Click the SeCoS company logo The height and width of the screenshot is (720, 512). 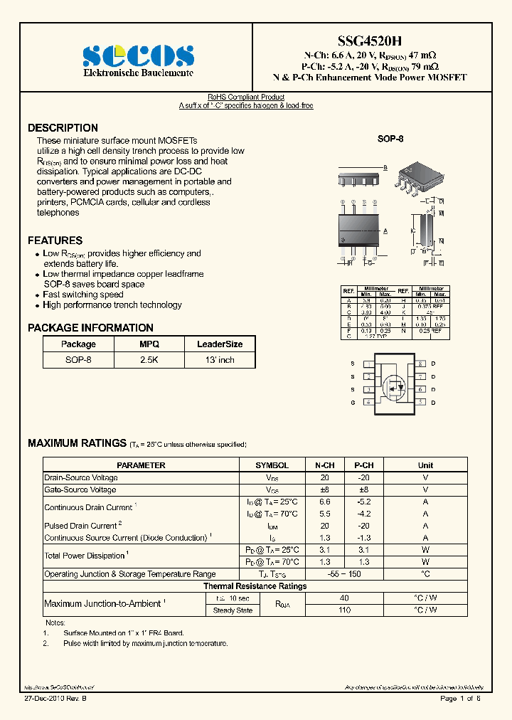pyautogui.click(x=138, y=55)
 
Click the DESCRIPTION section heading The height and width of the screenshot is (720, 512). pyautogui.click(x=63, y=128)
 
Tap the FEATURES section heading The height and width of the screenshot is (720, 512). pyautogui.click(x=55, y=240)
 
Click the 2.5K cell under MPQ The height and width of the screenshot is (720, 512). pyautogui.click(x=149, y=360)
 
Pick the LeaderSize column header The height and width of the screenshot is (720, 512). pyautogui.click(x=220, y=344)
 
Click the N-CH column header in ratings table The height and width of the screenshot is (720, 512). pyautogui.click(x=324, y=465)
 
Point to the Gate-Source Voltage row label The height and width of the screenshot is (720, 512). pyautogui.click(x=80, y=490)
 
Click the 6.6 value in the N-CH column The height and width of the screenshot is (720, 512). pyautogui.click(x=324, y=502)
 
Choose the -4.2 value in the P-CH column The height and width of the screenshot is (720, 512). pyautogui.click(x=363, y=514)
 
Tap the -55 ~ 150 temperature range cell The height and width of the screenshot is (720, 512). pyautogui.click(x=344, y=574)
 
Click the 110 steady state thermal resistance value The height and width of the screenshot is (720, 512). pyautogui.click(x=344, y=610)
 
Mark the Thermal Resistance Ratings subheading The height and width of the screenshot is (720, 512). pyautogui.click(x=255, y=586)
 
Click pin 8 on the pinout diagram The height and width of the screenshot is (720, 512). pyautogui.click(x=420, y=364)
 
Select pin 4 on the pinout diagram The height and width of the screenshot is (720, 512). pyautogui.click(x=369, y=403)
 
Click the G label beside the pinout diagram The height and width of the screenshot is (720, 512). pyautogui.click(x=352, y=403)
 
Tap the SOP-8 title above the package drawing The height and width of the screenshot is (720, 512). pyautogui.click(x=390, y=139)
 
